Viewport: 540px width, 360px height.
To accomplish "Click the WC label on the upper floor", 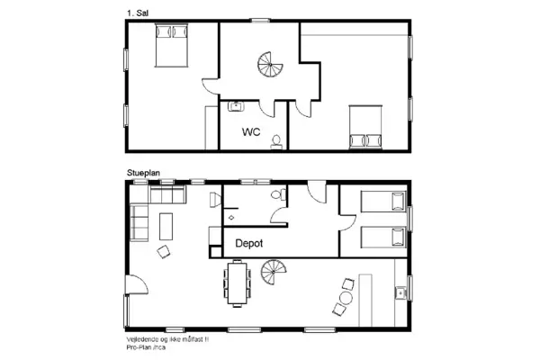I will pos(251,132).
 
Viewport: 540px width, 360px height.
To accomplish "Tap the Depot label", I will pos(249,243).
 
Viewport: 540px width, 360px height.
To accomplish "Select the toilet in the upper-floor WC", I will pos(278,139).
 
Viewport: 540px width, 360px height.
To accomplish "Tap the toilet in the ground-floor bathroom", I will pos(280,193).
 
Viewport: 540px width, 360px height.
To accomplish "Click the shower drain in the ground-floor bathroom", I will pos(232,217).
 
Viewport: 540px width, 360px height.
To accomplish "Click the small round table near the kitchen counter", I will pos(346,297).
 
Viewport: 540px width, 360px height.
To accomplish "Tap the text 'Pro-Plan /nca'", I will pos(148,345).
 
